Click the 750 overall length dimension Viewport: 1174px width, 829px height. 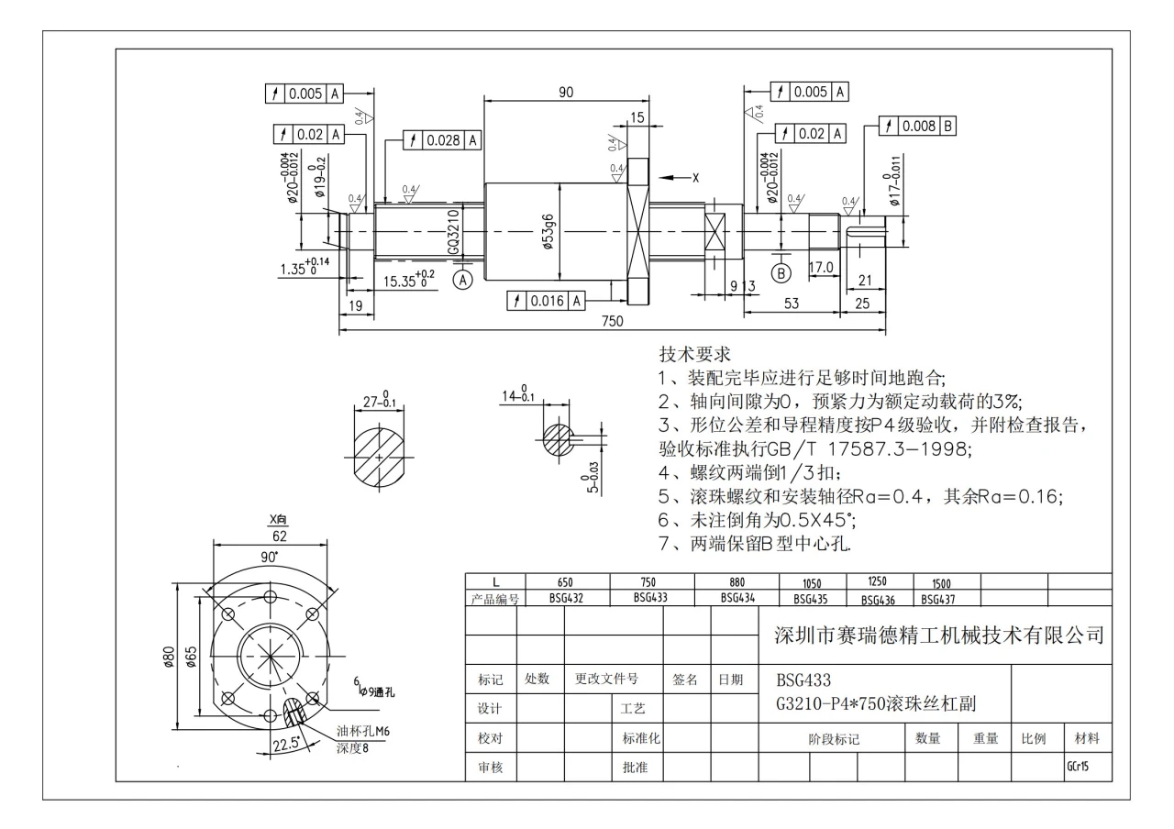[x=611, y=320]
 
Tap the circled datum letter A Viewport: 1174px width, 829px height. [x=464, y=279]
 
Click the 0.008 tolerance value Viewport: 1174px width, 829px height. [x=918, y=126]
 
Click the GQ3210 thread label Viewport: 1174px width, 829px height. [x=453, y=231]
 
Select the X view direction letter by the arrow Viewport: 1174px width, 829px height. [x=695, y=178]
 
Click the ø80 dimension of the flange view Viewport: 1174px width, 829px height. [x=169, y=658]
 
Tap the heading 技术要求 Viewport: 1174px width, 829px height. [x=695, y=355]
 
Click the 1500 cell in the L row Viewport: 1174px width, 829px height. [x=943, y=583]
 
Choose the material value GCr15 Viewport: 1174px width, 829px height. [x=1078, y=766]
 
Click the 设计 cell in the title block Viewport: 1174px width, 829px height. [x=490, y=709]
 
